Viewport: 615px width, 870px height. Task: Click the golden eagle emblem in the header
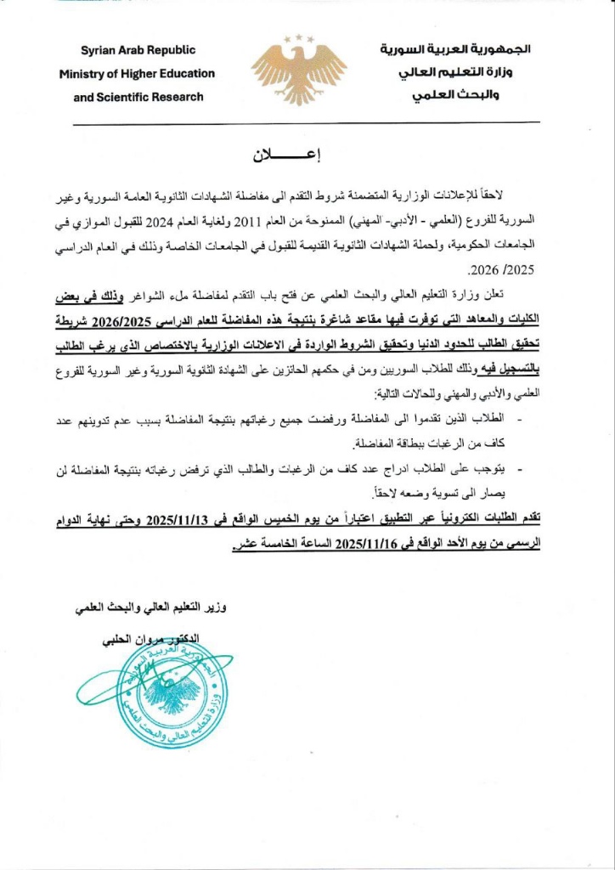(298, 69)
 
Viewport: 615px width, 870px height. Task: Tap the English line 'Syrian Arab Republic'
(138, 50)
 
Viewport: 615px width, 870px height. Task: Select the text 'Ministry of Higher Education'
(138, 74)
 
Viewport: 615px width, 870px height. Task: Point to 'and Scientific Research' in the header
(138, 97)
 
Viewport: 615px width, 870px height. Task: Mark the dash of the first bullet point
(519, 418)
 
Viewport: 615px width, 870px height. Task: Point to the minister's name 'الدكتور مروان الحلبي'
(144, 637)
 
